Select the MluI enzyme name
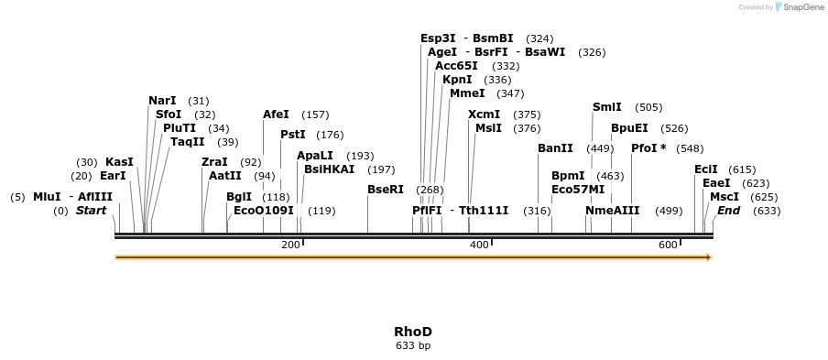pyautogui.click(x=46, y=197)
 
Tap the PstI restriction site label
pyautogui.click(x=293, y=135)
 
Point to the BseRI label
pyautogui.click(x=385, y=190)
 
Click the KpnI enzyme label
pyautogui.click(x=457, y=80)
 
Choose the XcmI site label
pyautogui.click(x=484, y=115)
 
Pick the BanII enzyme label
pyautogui.click(x=555, y=148)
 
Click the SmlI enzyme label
pyautogui.click(x=606, y=107)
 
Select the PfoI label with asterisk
pyautogui.click(x=648, y=148)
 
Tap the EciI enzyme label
pyautogui.click(x=705, y=169)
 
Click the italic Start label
pyautogui.click(x=92, y=211)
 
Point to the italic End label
pyautogui.click(x=728, y=211)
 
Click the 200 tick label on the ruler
pyautogui.click(x=290, y=245)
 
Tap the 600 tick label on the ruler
pyautogui.click(x=668, y=245)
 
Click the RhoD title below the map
pyautogui.click(x=413, y=332)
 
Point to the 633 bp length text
pyautogui.click(x=413, y=346)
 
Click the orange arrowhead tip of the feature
pyautogui.click(x=709, y=257)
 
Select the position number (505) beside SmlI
pyautogui.click(x=648, y=108)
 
